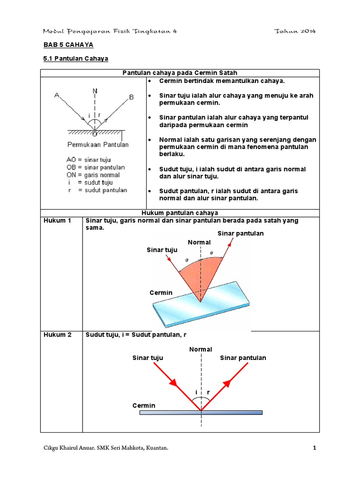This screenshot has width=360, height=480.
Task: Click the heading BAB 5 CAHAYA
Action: point(68,45)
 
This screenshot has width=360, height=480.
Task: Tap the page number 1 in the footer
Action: point(315,449)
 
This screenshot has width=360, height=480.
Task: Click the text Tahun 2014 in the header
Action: point(295,31)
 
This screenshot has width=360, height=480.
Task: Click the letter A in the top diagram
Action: point(57,96)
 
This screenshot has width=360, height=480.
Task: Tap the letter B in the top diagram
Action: point(131,97)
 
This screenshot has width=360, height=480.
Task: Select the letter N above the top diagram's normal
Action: point(95,90)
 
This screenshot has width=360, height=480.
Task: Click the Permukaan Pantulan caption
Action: point(98,144)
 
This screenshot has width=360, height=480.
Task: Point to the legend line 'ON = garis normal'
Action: point(93,175)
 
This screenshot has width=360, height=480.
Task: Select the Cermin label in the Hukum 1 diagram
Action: point(161,292)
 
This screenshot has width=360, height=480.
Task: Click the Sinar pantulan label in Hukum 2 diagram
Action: point(243,358)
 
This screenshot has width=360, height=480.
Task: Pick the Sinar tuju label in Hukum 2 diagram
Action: point(148,358)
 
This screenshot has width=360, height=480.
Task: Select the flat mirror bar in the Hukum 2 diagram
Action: point(201,412)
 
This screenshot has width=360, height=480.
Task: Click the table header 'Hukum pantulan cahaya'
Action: point(180,213)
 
